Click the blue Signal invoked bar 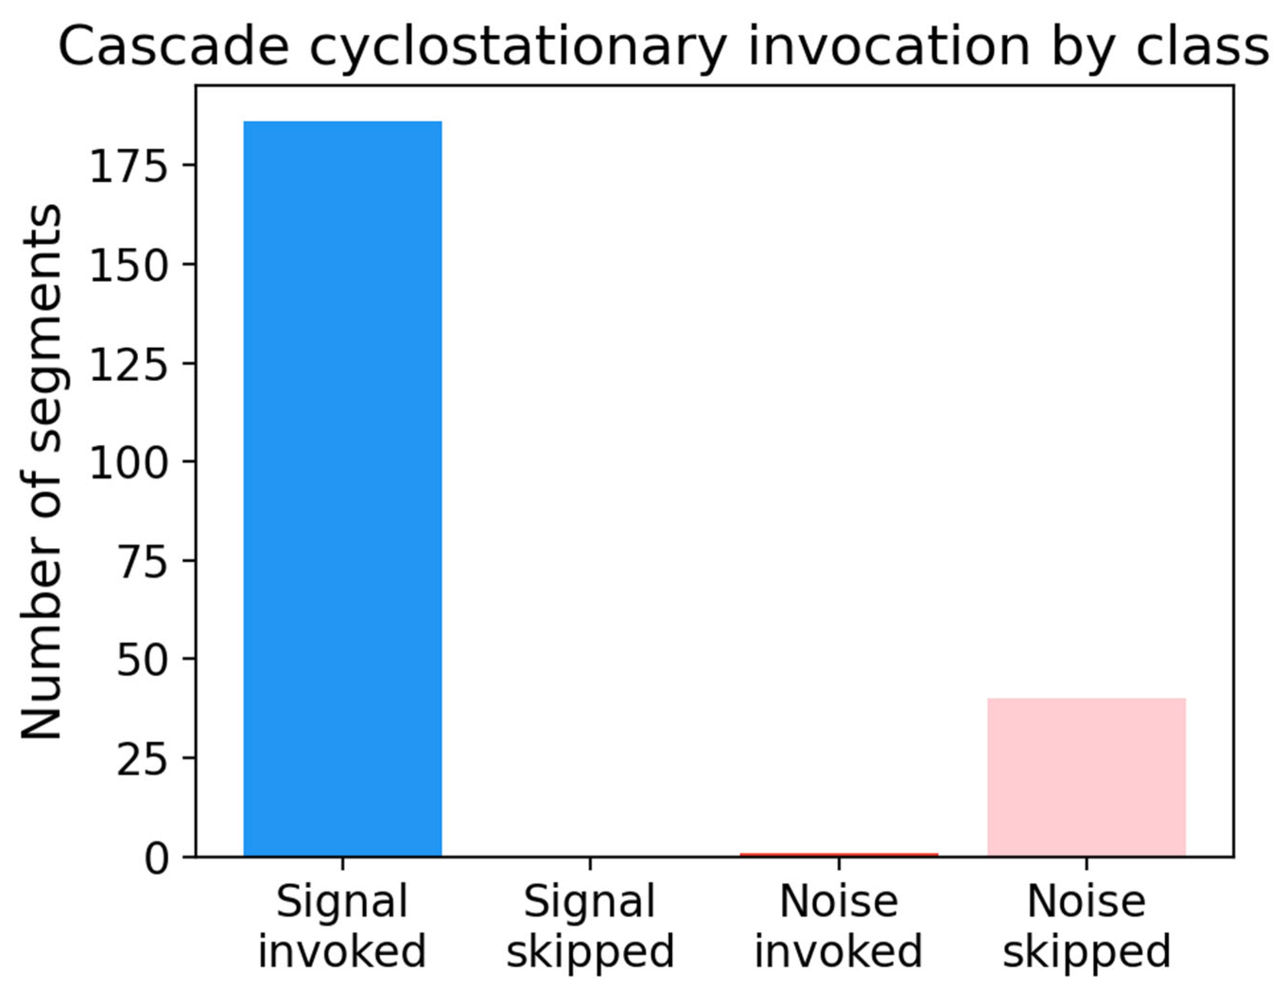point(343,488)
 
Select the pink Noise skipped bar point(1086,776)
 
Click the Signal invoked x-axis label point(342,927)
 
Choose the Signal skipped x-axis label point(590,927)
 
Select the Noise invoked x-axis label point(838,927)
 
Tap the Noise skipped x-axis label point(1086,927)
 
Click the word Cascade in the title point(174,47)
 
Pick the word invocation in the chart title point(890,47)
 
